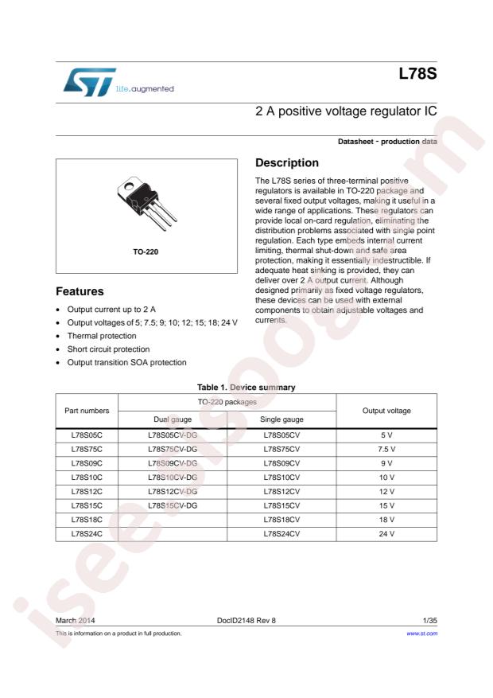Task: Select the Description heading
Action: coord(287,162)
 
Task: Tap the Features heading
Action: coord(80,292)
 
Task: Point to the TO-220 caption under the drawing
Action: coord(146,252)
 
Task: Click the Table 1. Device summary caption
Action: coord(246,387)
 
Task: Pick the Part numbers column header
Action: coord(87,411)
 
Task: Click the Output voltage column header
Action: coord(386,411)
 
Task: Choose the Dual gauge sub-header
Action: coord(173,419)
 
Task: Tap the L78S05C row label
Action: coord(87,436)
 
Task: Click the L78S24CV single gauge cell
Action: coord(281,532)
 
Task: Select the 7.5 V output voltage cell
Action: coord(386,450)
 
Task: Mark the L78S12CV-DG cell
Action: coord(173,490)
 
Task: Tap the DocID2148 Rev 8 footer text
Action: coord(246,619)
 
